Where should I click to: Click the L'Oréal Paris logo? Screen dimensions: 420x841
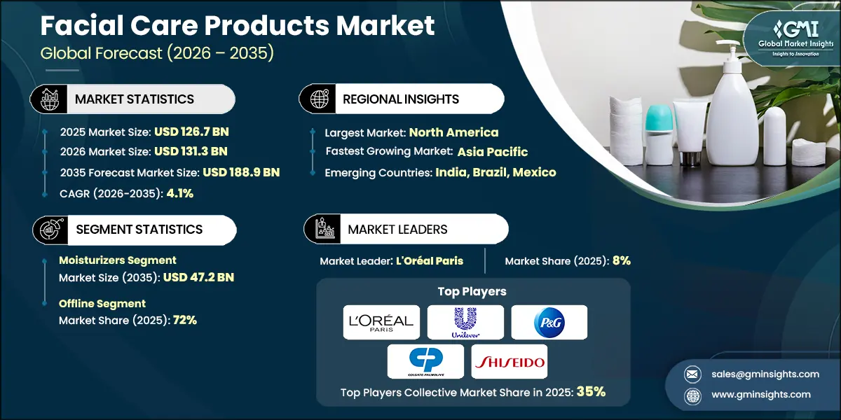(x=382, y=322)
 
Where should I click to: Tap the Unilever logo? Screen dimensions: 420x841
(x=465, y=322)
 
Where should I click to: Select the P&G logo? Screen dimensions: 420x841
(x=549, y=322)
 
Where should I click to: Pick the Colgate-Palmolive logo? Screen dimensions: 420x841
(x=425, y=361)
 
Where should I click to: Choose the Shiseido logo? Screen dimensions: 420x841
(x=509, y=361)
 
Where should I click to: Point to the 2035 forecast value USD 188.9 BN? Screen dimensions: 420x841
(x=241, y=172)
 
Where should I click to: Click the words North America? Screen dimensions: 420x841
(x=453, y=132)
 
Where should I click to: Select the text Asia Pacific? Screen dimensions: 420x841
(x=493, y=152)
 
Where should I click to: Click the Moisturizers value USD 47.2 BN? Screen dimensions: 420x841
(x=198, y=277)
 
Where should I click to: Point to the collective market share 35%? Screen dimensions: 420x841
(x=591, y=392)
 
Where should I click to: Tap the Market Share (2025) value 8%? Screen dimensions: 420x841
(x=622, y=260)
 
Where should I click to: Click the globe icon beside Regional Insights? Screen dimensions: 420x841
(x=320, y=99)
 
